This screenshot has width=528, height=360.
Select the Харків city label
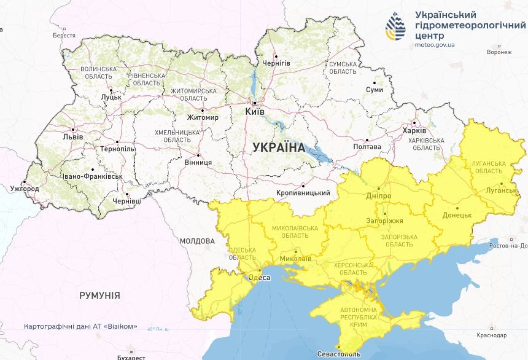point(414,131)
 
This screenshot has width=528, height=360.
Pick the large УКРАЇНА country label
point(278,147)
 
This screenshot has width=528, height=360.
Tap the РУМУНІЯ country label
point(99,295)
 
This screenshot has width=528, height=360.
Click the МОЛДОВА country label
point(197,241)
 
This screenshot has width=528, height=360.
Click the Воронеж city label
point(499,52)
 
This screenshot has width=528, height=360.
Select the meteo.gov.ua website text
point(435,45)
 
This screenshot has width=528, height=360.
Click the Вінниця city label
point(198,162)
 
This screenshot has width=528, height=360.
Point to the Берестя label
point(64,36)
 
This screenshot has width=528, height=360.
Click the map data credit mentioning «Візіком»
point(80,327)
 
